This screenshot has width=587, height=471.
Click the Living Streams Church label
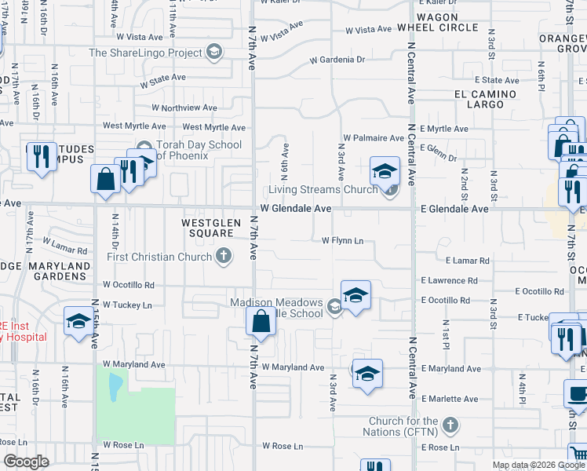pyautogui.click(x=323, y=189)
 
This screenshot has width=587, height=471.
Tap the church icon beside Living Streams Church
pyautogui.click(x=390, y=189)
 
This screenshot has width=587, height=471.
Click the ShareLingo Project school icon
pyautogui.click(x=213, y=53)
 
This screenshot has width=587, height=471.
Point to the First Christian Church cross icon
pyautogui.click(x=224, y=256)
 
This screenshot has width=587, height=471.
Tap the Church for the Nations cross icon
pyautogui.click(x=450, y=425)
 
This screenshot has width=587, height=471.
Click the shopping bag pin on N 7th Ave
pyautogui.click(x=261, y=322)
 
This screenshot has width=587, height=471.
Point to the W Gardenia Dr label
pyautogui.click(x=337, y=60)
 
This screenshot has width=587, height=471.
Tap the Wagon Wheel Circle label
pyautogui.click(x=447, y=22)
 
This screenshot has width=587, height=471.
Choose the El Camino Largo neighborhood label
pyautogui.click(x=484, y=99)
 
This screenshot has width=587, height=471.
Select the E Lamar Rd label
pyautogui.click(x=467, y=261)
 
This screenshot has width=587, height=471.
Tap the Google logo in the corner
pyautogui.click(x=25, y=462)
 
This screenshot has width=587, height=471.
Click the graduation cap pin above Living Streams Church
pyautogui.click(x=385, y=171)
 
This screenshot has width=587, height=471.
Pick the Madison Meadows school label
pyautogui.click(x=276, y=308)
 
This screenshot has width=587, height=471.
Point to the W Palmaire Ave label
pyautogui.click(x=374, y=138)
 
